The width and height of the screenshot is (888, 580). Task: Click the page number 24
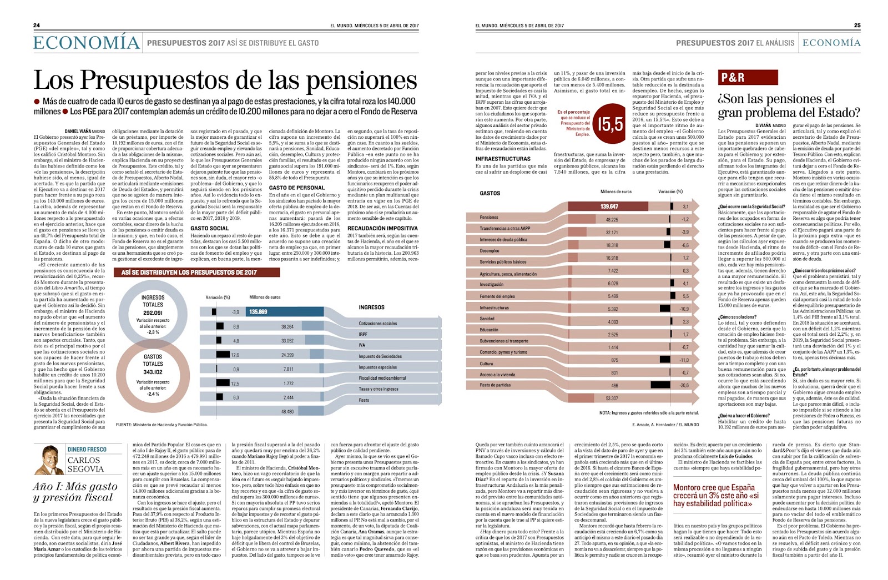[x=37, y=26]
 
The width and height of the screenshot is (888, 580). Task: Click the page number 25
[x=857, y=26]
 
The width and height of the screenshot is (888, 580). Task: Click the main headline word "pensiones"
[x=361, y=80]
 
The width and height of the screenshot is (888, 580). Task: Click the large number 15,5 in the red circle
[x=610, y=124]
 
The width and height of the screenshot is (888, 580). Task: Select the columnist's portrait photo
[x=49, y=460]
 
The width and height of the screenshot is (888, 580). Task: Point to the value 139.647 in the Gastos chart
[x=609, y=206]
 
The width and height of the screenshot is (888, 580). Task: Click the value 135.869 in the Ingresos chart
[x=258, y=312]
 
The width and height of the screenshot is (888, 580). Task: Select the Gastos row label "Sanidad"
[x=487, y=319]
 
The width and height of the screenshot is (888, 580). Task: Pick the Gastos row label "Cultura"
[x=486, y=364]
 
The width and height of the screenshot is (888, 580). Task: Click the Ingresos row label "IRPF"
[x=363, y=334]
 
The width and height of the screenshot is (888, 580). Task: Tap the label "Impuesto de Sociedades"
[x=380, y=356]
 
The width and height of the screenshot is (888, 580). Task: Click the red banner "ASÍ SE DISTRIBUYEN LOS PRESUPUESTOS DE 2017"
[x=196, y=273]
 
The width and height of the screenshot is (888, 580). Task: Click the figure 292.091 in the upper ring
[x=153, y=313]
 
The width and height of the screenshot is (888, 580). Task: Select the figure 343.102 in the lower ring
[x=153, y=372]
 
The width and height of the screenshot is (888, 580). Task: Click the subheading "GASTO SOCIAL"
[x=209, y=228]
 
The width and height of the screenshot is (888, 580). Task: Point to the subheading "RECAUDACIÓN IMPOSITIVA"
[x=382, y=228]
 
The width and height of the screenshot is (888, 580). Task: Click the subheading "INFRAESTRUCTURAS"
[x=503, y=159]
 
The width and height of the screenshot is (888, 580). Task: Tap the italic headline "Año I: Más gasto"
[x=75, y=487]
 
